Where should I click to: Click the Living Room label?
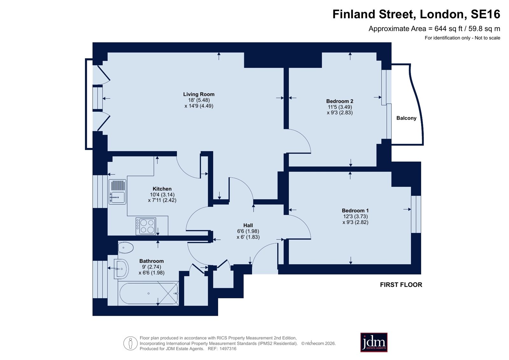pos(199,94)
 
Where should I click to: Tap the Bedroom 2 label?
pos(340,101)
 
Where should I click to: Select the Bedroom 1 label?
pos(355,210)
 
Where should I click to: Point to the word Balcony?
pos(406,118)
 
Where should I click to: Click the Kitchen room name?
pos(162,189)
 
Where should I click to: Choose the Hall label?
pos(248,225)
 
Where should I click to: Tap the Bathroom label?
pos(152,261)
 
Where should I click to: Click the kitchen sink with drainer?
pos(117,192)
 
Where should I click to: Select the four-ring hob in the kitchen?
pos(146,226)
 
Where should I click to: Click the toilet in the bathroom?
pos(126,248)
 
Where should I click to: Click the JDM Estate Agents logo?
pos(374,342)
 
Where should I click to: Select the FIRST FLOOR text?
pos(401,285)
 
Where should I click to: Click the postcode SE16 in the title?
pos(485,14)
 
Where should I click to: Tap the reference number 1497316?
pos(228,349)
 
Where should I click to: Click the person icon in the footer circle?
pos(131,343)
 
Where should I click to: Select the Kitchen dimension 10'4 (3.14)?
pos(162,194)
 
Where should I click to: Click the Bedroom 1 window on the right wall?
pos(416,214)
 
